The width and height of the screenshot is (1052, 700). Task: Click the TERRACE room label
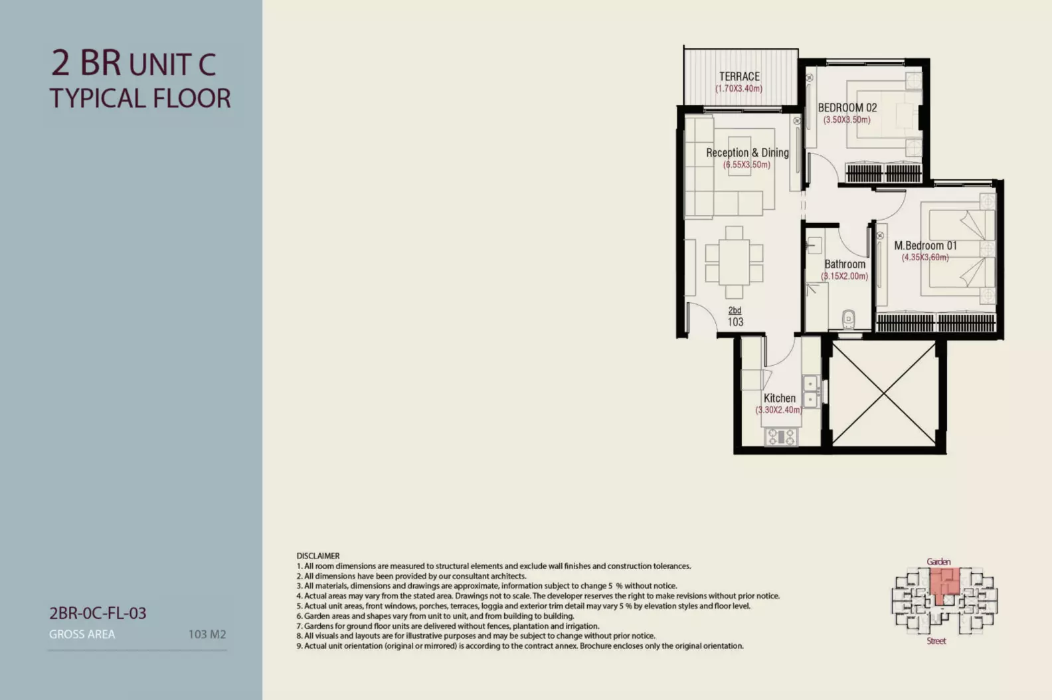739,76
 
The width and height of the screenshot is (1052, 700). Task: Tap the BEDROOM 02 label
847,108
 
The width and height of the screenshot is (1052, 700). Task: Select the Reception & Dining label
747,153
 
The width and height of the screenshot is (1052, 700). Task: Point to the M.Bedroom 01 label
925,246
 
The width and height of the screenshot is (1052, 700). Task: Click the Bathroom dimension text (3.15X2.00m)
844,276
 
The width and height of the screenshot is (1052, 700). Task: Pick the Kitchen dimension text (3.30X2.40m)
778,410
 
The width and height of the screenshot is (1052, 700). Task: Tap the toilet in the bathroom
848,319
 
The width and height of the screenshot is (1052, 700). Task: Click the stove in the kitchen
780,437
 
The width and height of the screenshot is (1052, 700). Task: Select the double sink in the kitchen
811,392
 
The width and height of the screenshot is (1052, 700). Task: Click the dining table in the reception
734,262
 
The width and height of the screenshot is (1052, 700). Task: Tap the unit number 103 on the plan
735,322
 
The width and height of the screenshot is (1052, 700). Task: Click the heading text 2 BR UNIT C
133,63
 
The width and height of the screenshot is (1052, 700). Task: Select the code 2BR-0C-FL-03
98,613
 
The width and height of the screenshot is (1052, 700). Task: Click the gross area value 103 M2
207,634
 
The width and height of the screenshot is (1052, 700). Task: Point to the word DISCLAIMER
318,556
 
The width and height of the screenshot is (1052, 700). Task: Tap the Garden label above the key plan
938,561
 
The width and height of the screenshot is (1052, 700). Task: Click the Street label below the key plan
936,641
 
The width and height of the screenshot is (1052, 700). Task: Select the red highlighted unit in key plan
944,584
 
